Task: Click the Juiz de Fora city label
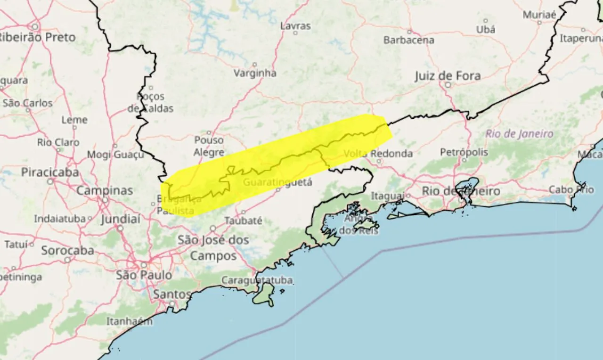[448, 76]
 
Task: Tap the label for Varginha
[255, 73]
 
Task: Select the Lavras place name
[295, 26]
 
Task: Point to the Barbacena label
[408, 40]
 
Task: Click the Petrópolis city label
[464, 152]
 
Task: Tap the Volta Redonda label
[378, 154]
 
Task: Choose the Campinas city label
[105, 191]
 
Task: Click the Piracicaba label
[50, 172]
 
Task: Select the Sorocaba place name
[67, 251]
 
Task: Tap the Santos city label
[172, 295]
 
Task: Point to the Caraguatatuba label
[257, 280]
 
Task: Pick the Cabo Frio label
[571, 189]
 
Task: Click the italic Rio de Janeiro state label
[520, 134]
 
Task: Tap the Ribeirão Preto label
[37, 38]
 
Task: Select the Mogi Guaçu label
[115, 155]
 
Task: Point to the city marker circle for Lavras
[295, 33]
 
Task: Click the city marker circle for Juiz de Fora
[448, 85]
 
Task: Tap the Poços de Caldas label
[150, 102]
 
